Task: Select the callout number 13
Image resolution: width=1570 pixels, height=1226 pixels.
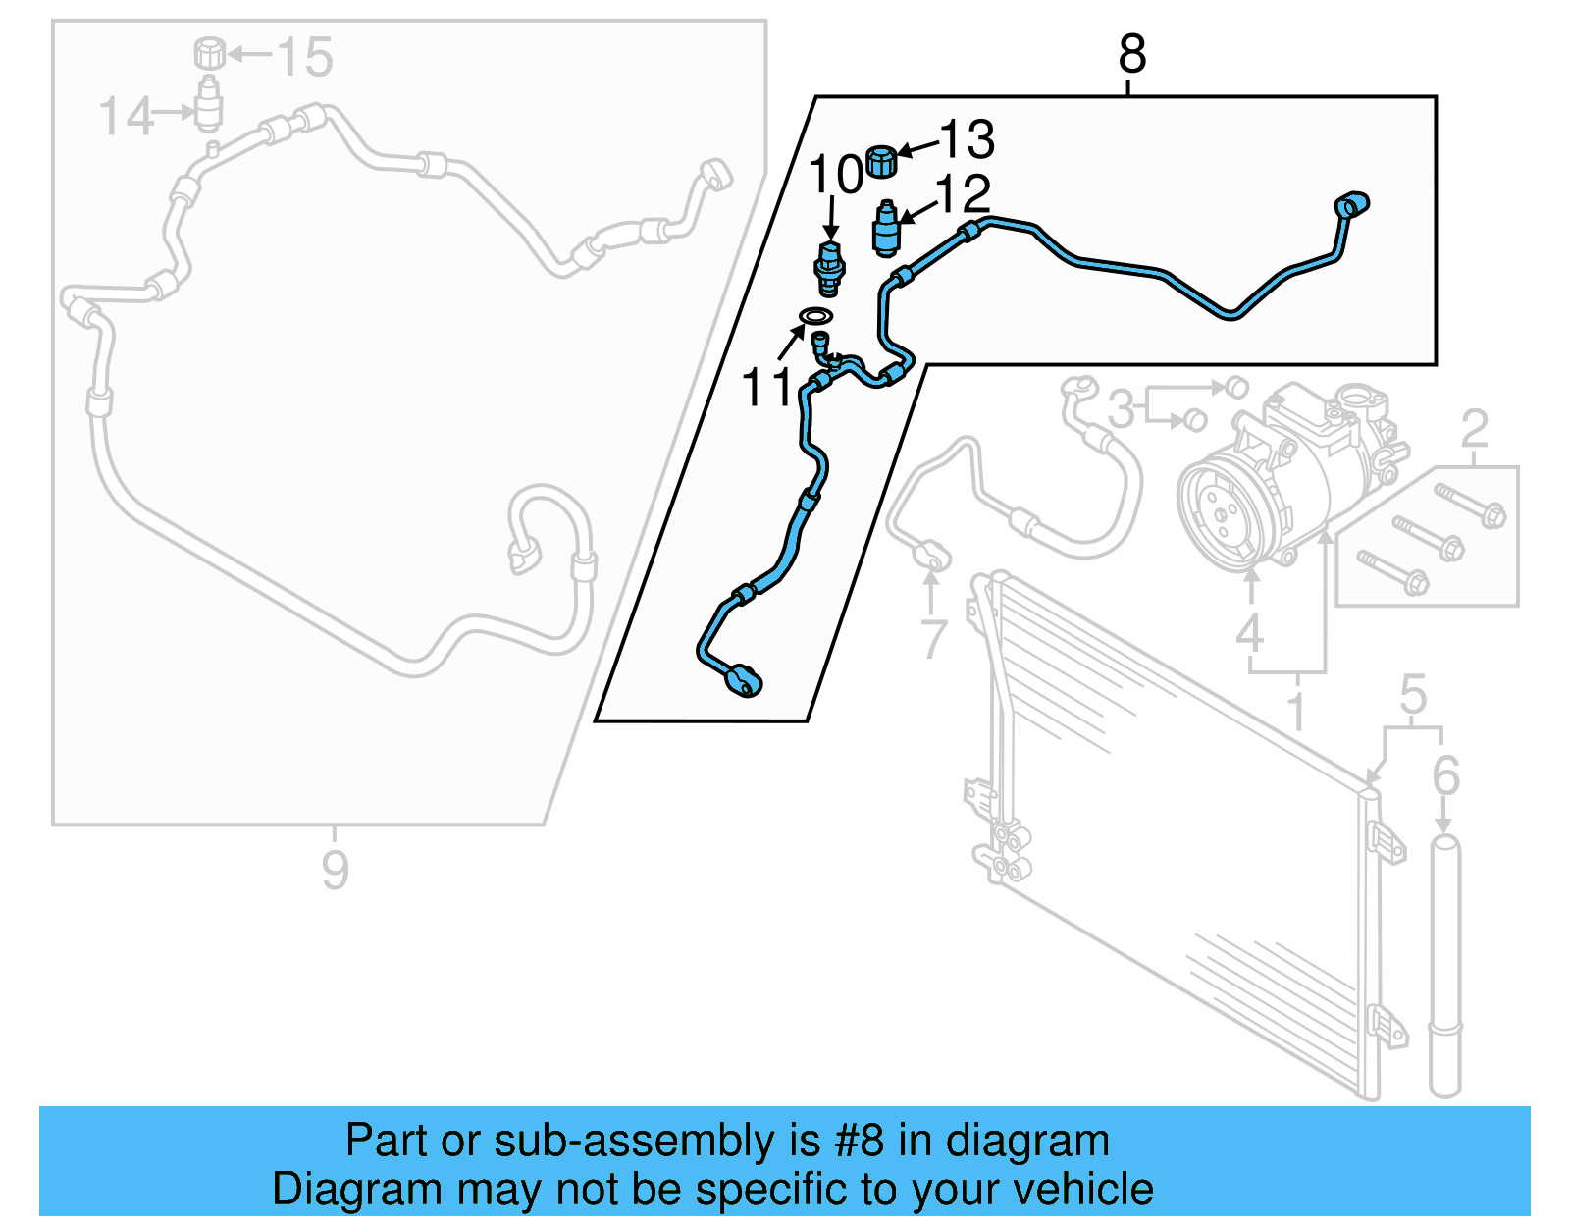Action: coord(968,139)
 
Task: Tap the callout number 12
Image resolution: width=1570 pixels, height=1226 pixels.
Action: coord(963,194)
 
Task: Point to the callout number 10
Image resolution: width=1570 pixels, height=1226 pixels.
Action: coord(835,176)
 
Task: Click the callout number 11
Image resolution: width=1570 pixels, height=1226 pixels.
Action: coord(766,388)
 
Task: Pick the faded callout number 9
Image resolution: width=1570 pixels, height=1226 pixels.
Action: coord(335,870)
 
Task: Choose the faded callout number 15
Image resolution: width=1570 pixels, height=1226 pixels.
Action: coord(304,57)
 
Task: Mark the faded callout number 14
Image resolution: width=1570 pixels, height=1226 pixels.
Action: coord(127,117)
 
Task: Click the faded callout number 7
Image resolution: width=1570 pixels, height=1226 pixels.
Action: coord(933,639)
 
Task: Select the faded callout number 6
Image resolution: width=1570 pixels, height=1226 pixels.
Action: coord(1445,776)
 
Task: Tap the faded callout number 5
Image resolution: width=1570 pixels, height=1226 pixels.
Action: coord(1412,695)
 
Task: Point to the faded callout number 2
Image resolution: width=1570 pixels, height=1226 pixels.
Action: coord(1474,430)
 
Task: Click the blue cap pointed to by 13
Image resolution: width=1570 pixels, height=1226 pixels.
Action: coord(882,161)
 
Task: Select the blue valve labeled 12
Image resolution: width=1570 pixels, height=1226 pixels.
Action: coord(886,230)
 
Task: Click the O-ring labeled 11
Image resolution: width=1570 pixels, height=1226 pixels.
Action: coord(815,316)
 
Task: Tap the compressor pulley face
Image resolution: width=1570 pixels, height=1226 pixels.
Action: coord(1218,511)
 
